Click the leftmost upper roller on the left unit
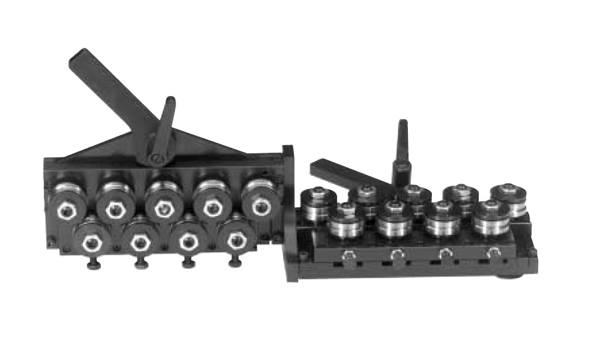(67, 202)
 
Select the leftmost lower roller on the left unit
(91, 240)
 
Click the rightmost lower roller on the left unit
(235, 238)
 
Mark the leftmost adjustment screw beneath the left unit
(94, 265)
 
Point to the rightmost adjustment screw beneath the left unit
(236, 263)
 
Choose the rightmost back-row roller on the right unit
(507, 199)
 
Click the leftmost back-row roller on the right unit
(319, 202)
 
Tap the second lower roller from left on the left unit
(139, 240)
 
